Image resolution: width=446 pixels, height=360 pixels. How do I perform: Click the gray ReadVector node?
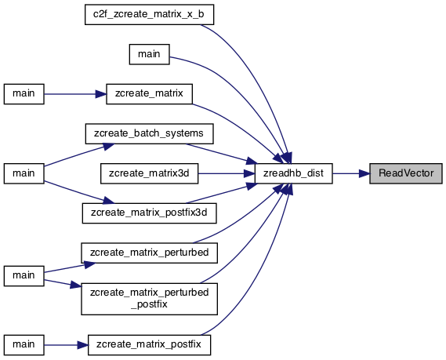point(406,173)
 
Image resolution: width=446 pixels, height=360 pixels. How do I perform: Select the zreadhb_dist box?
point(293,173)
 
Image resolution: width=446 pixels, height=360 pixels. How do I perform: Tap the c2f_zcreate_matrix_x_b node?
point(149,15)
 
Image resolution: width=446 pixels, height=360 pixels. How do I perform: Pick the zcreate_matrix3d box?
point(150,173)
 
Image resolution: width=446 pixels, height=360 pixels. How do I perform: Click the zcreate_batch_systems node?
point(150,133)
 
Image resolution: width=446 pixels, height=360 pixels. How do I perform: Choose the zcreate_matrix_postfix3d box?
point(150,213)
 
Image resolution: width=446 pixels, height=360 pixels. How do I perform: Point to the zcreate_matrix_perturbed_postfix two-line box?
point(150,299)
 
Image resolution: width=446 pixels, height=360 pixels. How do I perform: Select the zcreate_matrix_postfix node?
point(150,345)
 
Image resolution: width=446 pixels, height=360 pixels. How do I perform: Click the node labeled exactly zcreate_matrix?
point(150,94)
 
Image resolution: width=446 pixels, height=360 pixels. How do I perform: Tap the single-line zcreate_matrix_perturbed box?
point(150,253)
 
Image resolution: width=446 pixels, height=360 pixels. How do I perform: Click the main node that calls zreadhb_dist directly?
point(150,54)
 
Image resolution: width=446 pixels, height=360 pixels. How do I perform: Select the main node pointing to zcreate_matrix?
point(24,94)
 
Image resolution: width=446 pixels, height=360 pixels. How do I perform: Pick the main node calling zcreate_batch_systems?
point(24,173)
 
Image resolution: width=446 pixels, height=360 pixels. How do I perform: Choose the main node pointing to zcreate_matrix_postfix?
point(24,345)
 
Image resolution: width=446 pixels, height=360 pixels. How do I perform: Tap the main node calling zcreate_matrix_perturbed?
point(24,276)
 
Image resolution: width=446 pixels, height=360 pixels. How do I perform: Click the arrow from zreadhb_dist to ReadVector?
point(351,173)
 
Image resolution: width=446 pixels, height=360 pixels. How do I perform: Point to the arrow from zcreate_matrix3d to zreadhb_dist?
point(227,173)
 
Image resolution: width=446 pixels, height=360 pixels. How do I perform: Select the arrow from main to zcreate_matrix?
point(75,94)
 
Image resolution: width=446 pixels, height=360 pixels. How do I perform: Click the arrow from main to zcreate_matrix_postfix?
point(67,345)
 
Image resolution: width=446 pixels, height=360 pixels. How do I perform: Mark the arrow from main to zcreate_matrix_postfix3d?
point(79,193)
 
